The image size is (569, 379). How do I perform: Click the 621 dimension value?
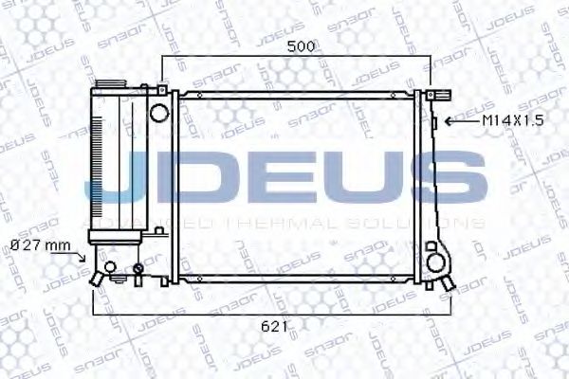272,325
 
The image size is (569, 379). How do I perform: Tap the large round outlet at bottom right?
437,258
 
